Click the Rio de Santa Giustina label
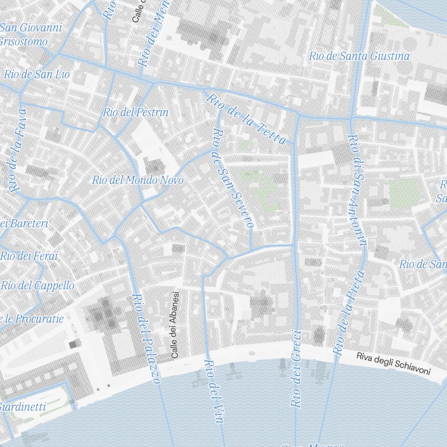click(359, 56)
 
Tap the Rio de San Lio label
click(37, 75)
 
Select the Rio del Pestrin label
click(135, 112)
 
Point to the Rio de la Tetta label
click(245, 118)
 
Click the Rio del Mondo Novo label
click(138, 180)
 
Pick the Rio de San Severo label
click(232, 178)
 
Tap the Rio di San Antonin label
click(358, 190)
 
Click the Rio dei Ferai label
click(30, 256)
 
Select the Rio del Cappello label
click(38, 285)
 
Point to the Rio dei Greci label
click(296, 368)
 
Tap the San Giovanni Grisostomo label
click(30, 35)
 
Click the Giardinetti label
click(23, 407)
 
